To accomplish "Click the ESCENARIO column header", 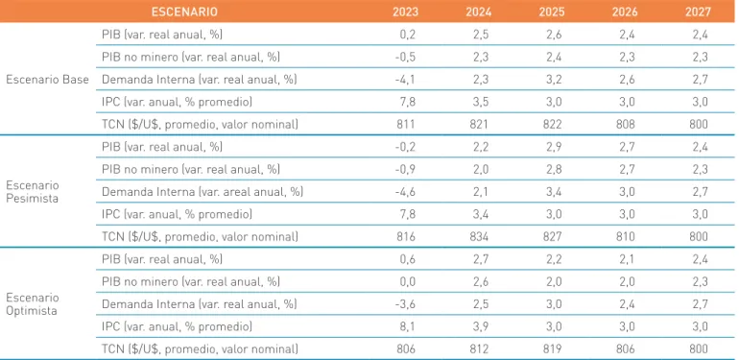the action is coord(184,12).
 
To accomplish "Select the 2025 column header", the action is coord(552,12).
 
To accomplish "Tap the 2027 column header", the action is coord(698,12).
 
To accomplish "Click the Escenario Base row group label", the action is coord(47,79).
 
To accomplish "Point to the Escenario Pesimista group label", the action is coord(32,191).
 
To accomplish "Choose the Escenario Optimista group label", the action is coord(32,304).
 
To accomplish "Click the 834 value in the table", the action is coord(478,236).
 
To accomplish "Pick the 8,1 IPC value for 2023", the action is coord(408,326).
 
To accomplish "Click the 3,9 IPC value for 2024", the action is coord(481,326).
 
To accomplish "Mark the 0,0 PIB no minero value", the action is coord(408,282).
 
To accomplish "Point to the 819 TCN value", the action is coord(552,349).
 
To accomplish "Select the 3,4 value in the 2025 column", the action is coord(555,192).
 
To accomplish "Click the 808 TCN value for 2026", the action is coord(625,124).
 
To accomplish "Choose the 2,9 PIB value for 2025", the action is coord(555,147).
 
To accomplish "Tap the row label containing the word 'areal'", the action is coord(203,192).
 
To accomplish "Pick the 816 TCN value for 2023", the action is coord(406,236).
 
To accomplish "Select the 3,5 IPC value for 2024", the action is coord(481,102).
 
